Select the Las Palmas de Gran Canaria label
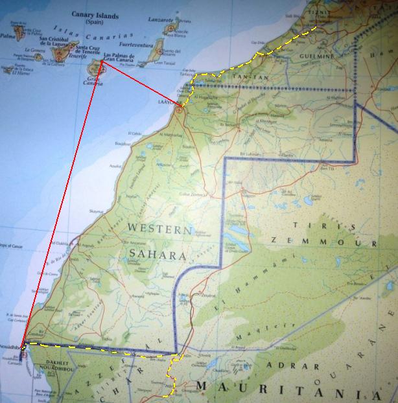(x=119, y=58)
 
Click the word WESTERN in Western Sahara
(x=159, y=228)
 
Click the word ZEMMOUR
(x=323, y=242)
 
